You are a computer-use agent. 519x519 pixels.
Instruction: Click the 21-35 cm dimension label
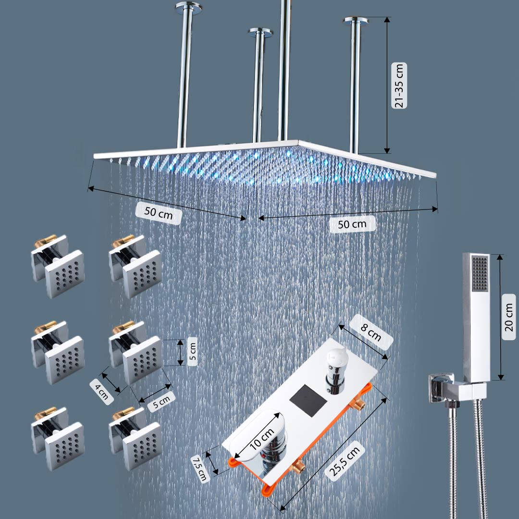[x=399, y=85]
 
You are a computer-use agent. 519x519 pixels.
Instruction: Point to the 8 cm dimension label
[x=371, y=332]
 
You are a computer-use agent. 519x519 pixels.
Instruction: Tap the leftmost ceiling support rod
[x=184, y=77]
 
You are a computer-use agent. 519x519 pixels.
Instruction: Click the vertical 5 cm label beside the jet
[x=192, y=352]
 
